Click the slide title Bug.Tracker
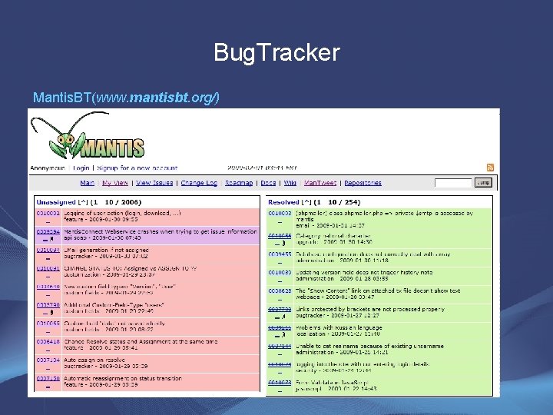276,52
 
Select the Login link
80,167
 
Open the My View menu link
114,183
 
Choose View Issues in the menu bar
154,183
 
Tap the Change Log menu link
199,183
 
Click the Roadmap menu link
239,183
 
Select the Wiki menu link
290,183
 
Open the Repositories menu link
363,183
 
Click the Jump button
483,183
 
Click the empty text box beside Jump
453,183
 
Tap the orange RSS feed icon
491,167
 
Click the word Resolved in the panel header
283,202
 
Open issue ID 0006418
48,341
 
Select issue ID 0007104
48,360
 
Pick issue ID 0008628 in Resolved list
280,291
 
